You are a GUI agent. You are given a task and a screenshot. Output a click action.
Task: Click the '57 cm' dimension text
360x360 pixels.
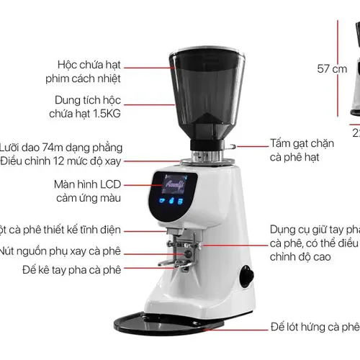point(332,70)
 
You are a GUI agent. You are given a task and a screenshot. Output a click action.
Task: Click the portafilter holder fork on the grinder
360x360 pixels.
point(184,248)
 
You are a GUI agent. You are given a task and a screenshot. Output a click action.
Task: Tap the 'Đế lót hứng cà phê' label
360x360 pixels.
point(315,326)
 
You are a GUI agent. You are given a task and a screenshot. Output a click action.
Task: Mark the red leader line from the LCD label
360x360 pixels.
point(138,189)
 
